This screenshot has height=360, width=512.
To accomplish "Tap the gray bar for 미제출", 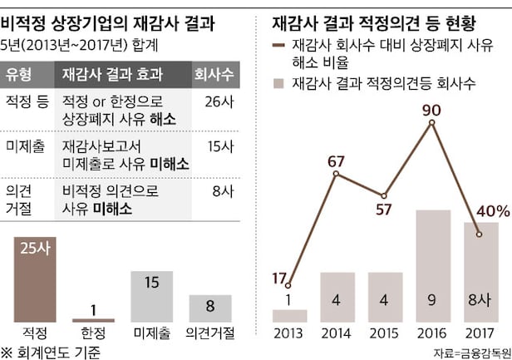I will (x=151, y=296).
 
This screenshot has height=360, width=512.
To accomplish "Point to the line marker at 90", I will (x=432, y=123).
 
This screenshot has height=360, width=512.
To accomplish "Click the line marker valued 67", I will (x=336, y=173).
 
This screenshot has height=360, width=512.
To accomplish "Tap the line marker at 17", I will (x=288, y=285).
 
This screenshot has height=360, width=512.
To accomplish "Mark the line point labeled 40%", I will (x=480, y=235).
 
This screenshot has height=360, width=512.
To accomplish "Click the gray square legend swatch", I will (x=279, y=83).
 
